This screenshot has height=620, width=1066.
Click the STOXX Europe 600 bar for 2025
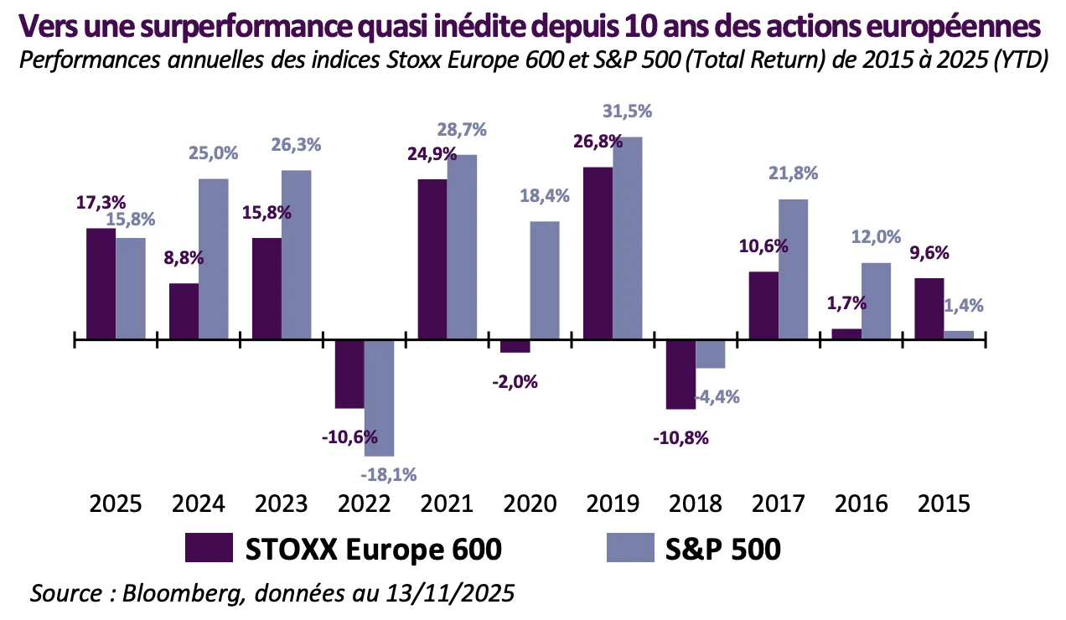pos(101,283)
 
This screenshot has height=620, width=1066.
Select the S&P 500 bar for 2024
pos(214,259)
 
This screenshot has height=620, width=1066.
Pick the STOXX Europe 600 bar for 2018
pos(680,375)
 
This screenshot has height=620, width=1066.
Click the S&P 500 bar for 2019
pos(627,238)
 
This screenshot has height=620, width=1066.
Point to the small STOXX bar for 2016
pos(846,334)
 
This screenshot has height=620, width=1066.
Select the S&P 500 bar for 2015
pos(959,335)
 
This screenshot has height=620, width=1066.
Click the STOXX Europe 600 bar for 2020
pos(515,347)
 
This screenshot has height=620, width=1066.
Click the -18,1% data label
pos(388,474)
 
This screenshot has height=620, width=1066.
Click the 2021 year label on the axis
pos(445,504)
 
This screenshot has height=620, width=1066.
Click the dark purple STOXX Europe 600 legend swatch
pos(209,549)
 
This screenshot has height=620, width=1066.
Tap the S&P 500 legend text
pos(722,549)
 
